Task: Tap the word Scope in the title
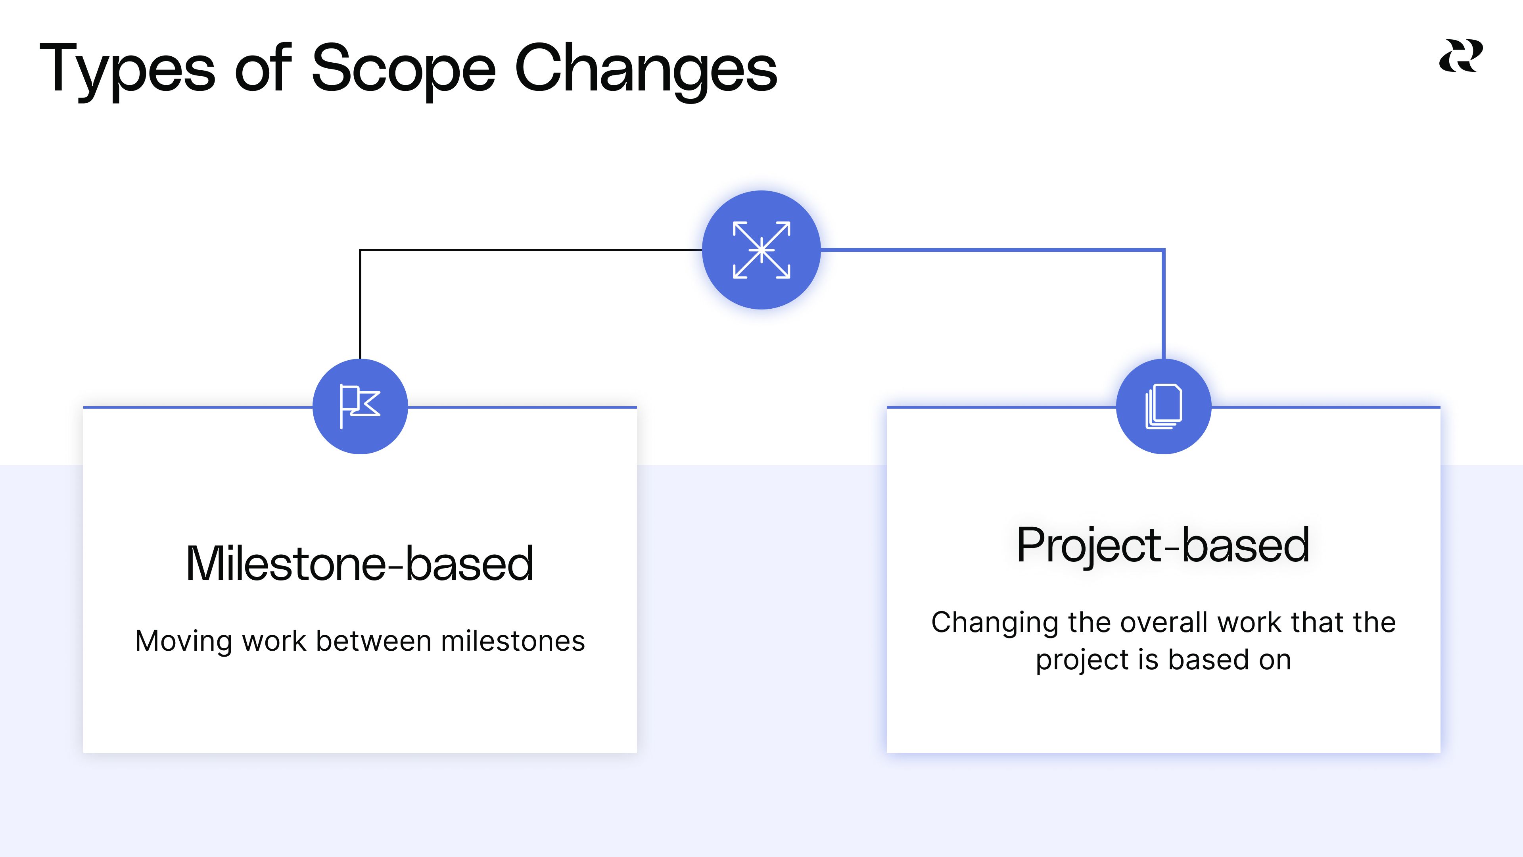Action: coord(403,70)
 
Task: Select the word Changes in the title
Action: coord(646,70)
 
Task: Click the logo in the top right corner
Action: coord(1460,56)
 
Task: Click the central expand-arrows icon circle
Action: coord(761,250)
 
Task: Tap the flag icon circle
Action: coord(360,406)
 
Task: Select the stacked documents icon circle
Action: coord(1164,406)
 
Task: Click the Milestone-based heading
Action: coord(359,564)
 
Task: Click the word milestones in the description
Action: coord(512,641)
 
